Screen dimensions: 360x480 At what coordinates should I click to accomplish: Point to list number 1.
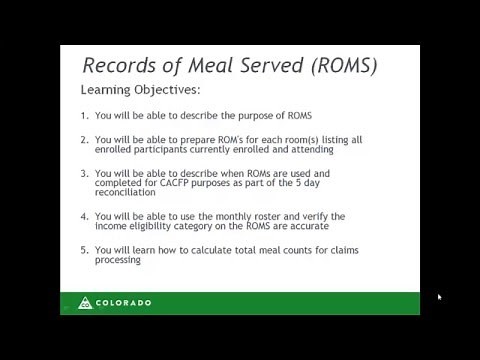click(x=84, y=115)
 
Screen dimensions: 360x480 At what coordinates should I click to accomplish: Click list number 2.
click(x=84, y=140)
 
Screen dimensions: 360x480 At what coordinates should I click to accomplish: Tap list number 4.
click(x=84, y=215)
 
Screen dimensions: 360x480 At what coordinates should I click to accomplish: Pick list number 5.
click(x=84, y=249)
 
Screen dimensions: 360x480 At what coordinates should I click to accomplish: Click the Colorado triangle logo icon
click(x=86, y=302)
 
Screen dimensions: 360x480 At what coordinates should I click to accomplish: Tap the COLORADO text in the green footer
click(x=125, y=302)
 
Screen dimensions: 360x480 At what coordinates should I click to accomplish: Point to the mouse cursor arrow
click(x=439, y=297)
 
